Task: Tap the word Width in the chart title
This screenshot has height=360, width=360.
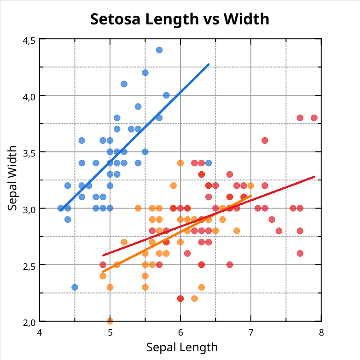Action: pos(246,19)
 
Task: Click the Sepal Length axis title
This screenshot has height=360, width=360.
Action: pos(182,347)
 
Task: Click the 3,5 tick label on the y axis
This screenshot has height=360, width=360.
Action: pos(29,152)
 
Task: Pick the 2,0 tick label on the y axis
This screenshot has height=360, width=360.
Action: pos(29,321)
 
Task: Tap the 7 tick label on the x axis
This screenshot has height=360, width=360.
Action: pos(251,332)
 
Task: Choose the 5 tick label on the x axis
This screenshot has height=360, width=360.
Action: pos(110,332)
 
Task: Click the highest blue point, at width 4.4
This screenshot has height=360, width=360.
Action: pos(159,50)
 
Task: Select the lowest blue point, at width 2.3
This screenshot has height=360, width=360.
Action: pos(75,287)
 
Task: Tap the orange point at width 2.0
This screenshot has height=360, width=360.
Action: pos(110,321)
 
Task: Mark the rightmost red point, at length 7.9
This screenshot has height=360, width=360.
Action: pos(314,118)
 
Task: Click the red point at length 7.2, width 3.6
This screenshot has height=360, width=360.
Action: pos(265,140)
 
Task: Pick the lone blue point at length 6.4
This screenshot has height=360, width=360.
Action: pos(209,163)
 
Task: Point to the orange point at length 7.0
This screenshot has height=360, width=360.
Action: pos(251,186)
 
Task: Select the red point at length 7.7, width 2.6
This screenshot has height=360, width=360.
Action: pos(300,253)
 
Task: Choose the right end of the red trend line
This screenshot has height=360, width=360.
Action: pos(314,177)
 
